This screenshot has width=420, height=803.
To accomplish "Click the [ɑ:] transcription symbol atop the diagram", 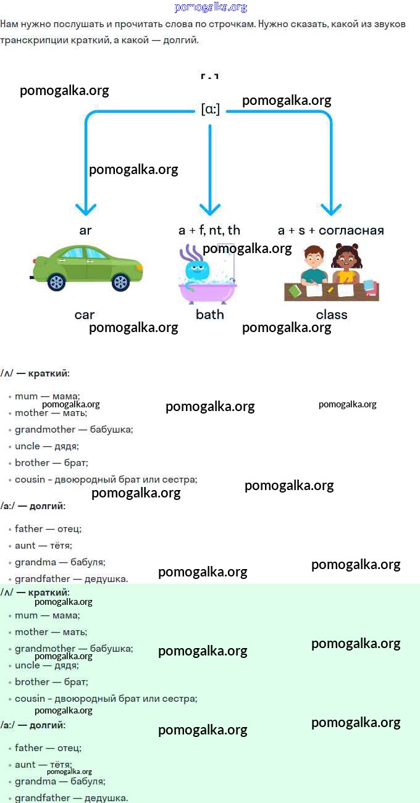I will [x=210, y=109].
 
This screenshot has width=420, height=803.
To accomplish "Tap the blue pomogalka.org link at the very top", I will [x=211, y=7].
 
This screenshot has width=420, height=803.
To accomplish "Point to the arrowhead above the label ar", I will [x=86, y=208].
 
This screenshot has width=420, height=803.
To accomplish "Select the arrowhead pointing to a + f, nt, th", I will [x=210, y=208].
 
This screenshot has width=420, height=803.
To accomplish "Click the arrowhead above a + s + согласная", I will [x=331, y=208].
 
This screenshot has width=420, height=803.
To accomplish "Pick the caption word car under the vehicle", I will [x=85, y=315].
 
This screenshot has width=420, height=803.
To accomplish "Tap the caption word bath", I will [x=209, y=315].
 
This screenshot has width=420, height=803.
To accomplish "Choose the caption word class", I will [x=332, y=315].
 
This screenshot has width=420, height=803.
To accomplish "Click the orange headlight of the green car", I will [x=139, y=268].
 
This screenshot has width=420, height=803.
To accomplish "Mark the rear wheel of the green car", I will [x=56, y=282].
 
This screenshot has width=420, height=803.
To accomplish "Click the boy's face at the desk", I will [x=314, y=257].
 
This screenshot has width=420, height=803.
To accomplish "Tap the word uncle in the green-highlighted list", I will [x=27, y=665].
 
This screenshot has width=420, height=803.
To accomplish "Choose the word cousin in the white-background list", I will [x=30, y=480].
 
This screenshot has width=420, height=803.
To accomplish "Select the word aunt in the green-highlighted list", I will [x=25, y=765].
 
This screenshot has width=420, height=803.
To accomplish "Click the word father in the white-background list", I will [x=29, y=529].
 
